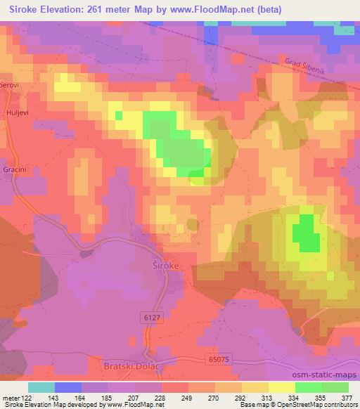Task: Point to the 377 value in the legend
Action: (347, 398)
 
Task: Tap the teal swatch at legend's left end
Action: (41, 387)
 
